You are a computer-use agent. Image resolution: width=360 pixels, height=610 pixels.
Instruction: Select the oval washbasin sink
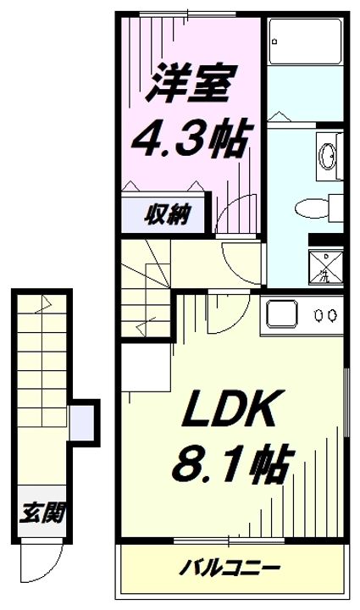(x=326, y=155)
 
